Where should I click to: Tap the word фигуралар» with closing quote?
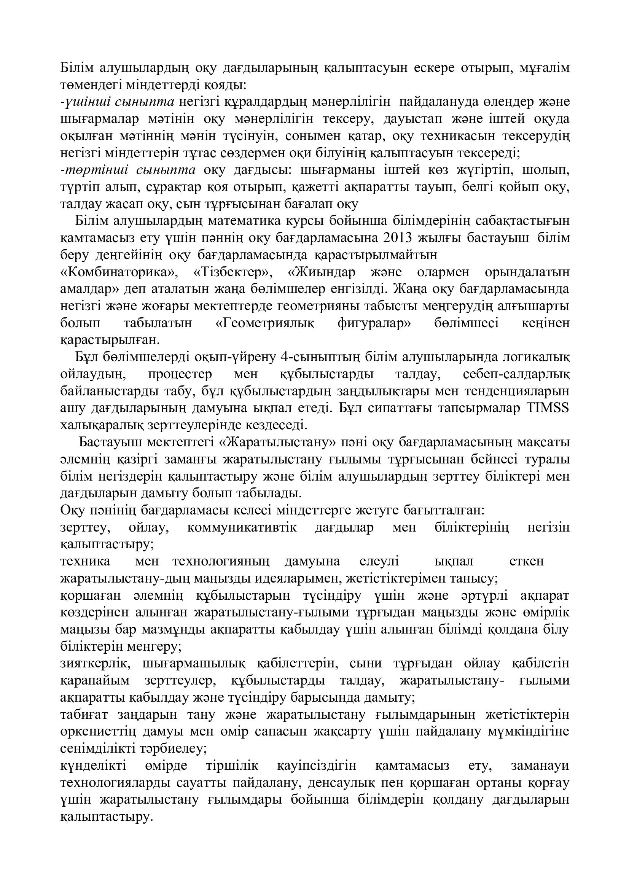click(x=374, y=323)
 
